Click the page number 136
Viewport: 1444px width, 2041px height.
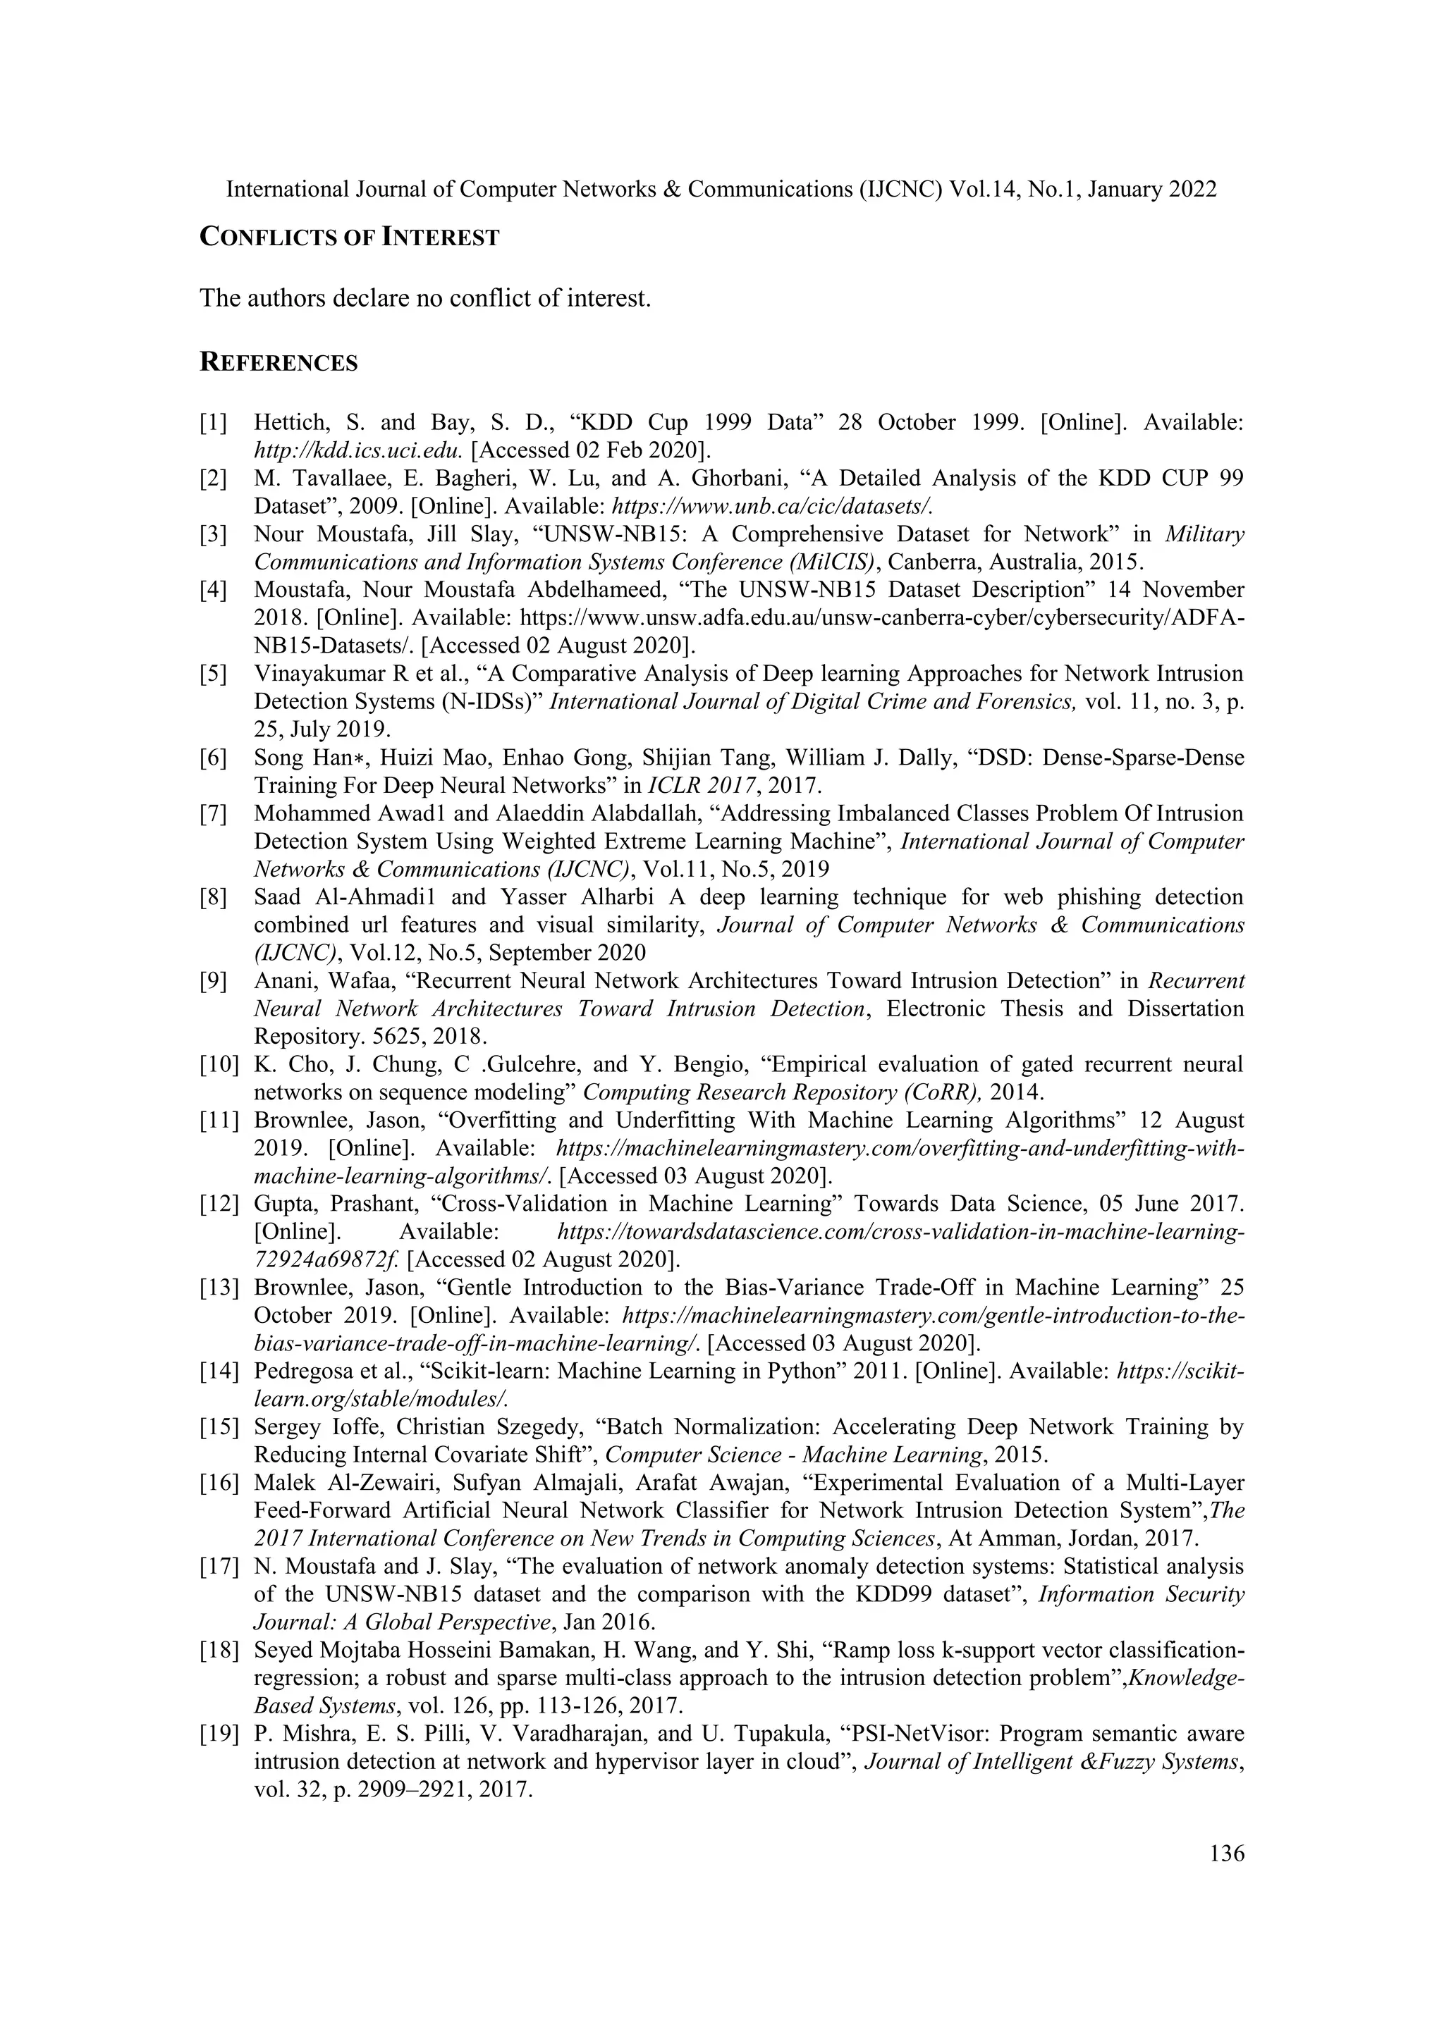click(x=1227, y=1854)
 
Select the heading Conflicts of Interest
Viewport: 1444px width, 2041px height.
click(x=350, y=238)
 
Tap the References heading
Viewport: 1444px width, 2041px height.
click(x=279, y=363)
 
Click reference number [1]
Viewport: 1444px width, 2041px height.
click(x=214, y=423)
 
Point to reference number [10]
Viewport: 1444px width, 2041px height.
click(x=219, y=1064)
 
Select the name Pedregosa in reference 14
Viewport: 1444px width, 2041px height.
click(x=299, y=1371)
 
